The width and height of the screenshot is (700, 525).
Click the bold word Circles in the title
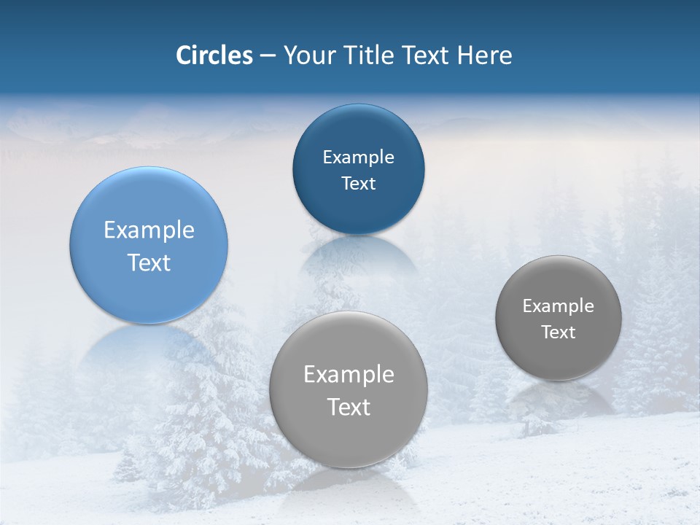click(214, 55)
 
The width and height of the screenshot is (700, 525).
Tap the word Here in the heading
click(485, 55)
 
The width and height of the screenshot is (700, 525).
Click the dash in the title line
click(268, 56)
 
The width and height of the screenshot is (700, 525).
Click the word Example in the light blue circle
click(149, 230)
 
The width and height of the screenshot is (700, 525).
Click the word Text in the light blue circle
click(149, 262)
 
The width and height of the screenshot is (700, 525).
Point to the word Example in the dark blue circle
click(358, 157)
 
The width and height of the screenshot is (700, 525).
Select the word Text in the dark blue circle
click(358, 183)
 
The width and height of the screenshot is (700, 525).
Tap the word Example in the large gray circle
click(349, 374)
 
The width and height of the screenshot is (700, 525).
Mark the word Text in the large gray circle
click(349, 407)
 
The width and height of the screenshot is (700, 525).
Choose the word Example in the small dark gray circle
click(559, 306)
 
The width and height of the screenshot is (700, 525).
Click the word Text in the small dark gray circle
click(559, 332)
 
